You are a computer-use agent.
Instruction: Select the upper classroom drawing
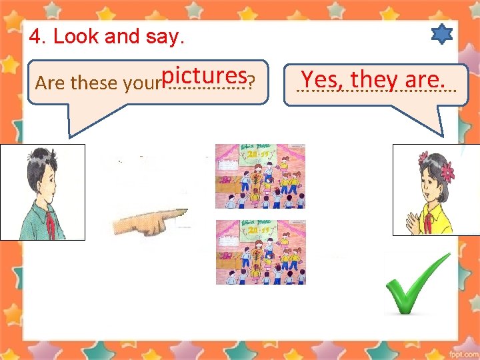pos(261,176)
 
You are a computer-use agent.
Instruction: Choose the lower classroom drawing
pos(261,251)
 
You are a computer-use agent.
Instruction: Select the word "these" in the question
pos(95,83)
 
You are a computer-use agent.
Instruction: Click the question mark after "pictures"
pos(250,83)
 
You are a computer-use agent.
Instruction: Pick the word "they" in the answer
pos(374,79)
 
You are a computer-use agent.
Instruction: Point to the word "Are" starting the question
pos(49,83)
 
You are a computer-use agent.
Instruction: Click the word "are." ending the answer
pos(424,79)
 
